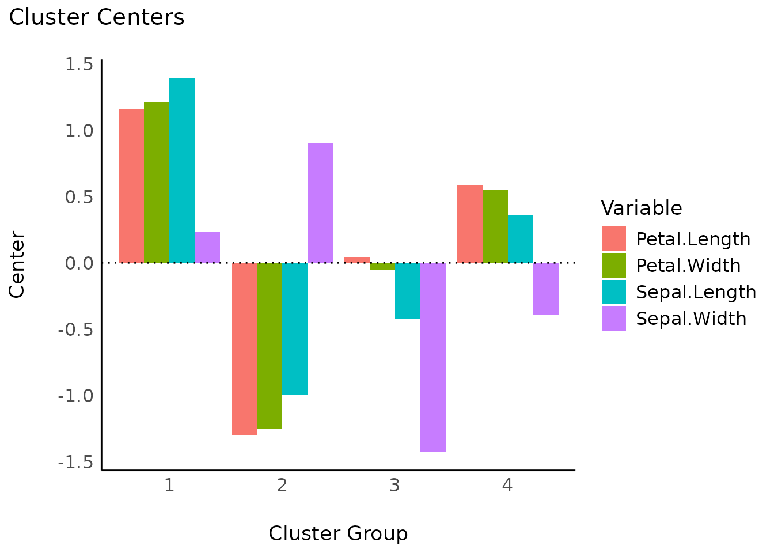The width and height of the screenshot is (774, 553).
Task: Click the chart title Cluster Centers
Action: [x=97, y=17]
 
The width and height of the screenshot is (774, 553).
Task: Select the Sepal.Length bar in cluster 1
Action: [x=182, y=171]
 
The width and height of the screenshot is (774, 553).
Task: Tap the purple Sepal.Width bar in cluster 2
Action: [x=320, y=203]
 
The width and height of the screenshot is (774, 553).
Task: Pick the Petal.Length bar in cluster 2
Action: [x=244, y=349]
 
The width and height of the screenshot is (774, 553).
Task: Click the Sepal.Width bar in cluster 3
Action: [x=433, y=357]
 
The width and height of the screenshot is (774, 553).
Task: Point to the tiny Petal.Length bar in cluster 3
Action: [x=357, y=260]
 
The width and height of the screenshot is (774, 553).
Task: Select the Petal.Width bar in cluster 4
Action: [x=495, y=226]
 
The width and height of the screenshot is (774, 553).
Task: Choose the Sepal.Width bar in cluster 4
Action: [x=546, y=289]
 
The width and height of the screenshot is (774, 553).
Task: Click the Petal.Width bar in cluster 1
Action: [x=157, y=182]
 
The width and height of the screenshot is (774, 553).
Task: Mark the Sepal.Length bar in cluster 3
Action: [x=408, y=290]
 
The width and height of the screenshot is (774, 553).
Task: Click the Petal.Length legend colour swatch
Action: [x=614, y=239]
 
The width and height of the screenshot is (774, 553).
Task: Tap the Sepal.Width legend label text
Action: [x=691, y=319]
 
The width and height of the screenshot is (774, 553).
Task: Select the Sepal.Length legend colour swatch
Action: [x=614, y=292]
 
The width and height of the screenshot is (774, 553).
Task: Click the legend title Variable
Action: [x=641, y=208]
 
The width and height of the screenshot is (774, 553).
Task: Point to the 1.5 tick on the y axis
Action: [x=79, y=64]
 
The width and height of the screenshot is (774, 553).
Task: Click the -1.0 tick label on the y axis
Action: [x=75, y=396]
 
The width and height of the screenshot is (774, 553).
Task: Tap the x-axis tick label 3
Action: [x=394, y=486]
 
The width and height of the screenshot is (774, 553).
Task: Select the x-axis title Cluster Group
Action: [x=338, y=533]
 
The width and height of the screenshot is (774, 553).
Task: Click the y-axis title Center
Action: [x=17, y=265]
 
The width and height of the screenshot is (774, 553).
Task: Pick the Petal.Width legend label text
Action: [x=688, y=266]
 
